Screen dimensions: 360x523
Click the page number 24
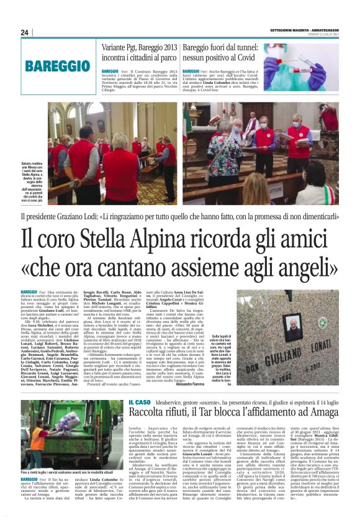(x=25, y=32)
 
